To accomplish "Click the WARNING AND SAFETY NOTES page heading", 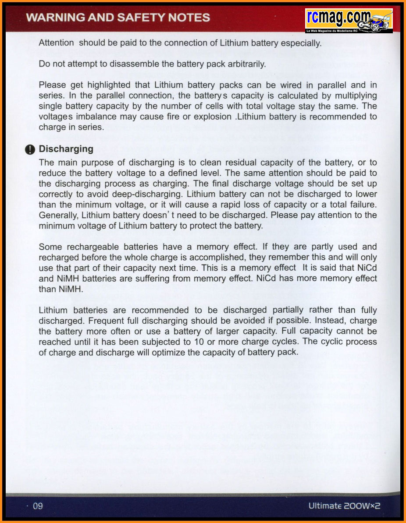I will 118,18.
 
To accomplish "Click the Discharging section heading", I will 66,149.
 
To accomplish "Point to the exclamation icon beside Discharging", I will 30,150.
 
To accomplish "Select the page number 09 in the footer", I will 38,506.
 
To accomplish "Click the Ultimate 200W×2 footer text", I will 344,506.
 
